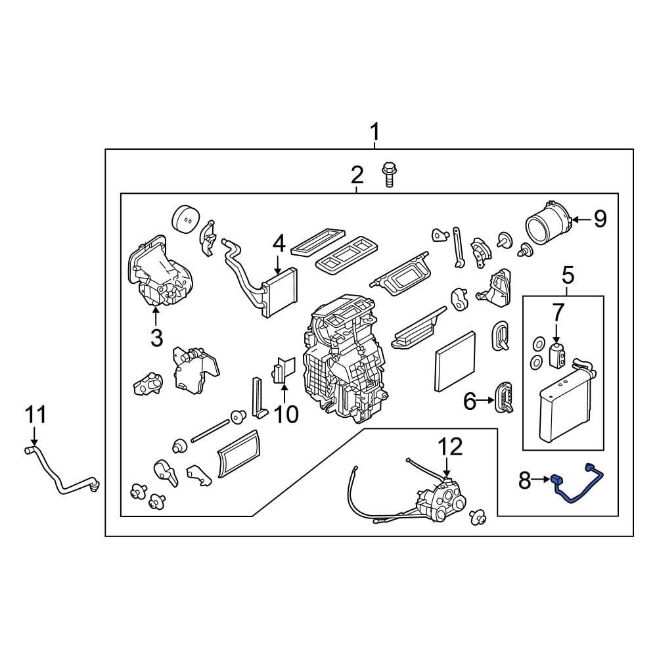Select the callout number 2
tap(357, 175)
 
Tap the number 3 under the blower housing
tap(156, 338)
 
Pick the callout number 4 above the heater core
tap(279, 244)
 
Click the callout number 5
tap(568, 275)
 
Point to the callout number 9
tap(600, 219)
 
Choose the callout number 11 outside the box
tap(35, 415)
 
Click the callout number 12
tap(451, 447)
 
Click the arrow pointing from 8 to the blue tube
tap(543, 480)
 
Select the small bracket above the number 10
tap(283, 370)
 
